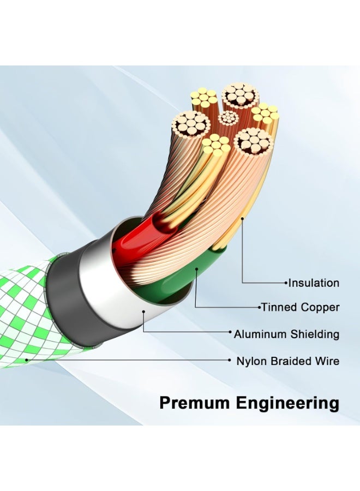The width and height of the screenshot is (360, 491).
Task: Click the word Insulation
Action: [x=313, y=283]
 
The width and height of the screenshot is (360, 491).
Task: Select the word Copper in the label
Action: [x=320, y=307]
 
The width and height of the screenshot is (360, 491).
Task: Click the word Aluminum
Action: [x=260, y=334]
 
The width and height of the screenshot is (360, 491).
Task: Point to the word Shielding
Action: [x=315, y=334]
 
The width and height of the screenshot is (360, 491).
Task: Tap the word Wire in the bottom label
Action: [x=328, y=361]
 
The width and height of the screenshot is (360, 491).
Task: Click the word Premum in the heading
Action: [x=195, y=403]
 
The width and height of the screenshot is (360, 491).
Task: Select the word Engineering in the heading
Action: [x=287, y=404]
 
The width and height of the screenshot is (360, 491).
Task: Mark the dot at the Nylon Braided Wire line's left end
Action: [x=27, y=361]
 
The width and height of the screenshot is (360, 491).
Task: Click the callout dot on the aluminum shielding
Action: [x=143, y=312]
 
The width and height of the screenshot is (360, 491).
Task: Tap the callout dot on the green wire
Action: [x=196, y=268]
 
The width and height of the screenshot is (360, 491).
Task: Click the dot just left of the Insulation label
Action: [x=286, y=283]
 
